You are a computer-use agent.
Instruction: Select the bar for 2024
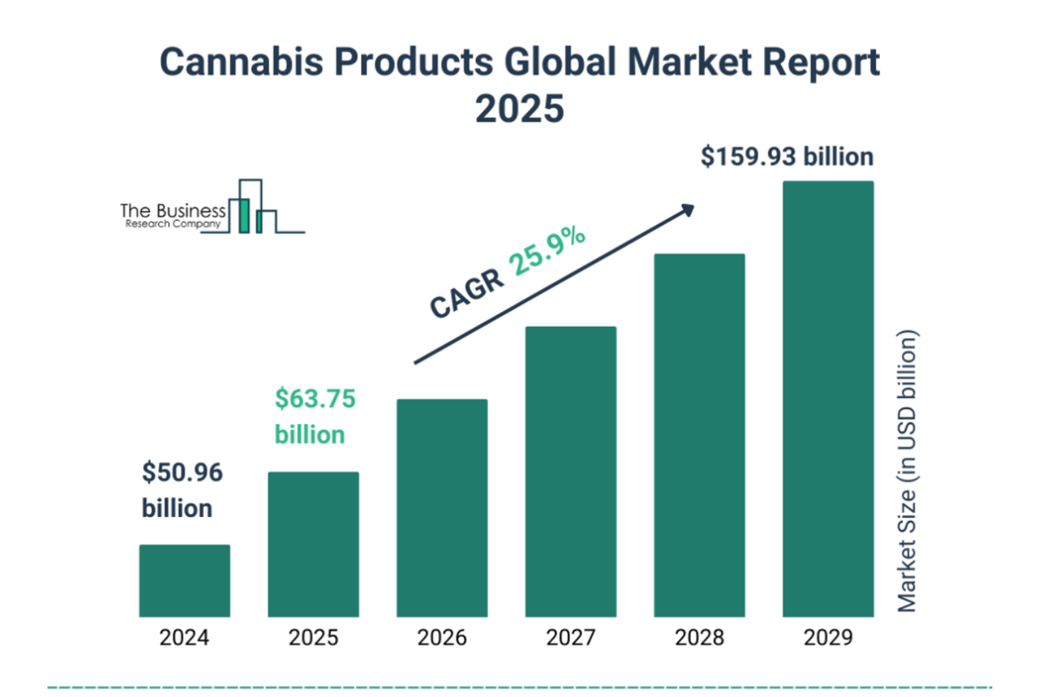coord(184,580)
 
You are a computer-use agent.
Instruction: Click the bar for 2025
coord(313,544)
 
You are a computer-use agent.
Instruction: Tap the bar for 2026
coord(442,507)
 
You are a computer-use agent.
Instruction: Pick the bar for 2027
coord(570,471)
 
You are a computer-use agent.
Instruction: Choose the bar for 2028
coord(699,434)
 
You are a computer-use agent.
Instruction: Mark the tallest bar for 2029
coord(828,398)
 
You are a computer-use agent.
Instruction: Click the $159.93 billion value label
coord(787,157)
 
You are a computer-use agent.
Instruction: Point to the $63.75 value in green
coord(315,399)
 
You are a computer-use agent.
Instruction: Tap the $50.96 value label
coord(183,472)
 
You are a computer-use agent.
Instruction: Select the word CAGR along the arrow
coord(467,294)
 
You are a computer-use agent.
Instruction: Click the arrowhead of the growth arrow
coord(688,210)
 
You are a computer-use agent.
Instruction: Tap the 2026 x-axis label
coord(442,637)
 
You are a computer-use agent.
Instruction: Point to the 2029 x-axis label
coord(828,637)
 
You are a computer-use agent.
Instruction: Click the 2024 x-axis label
coord(184,637)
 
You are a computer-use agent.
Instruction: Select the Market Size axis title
coord(907,471)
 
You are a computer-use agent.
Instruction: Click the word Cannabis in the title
coord(241,63)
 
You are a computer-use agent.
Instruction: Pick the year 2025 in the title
coord(520,109)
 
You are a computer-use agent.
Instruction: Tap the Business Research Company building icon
coord(252,207)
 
